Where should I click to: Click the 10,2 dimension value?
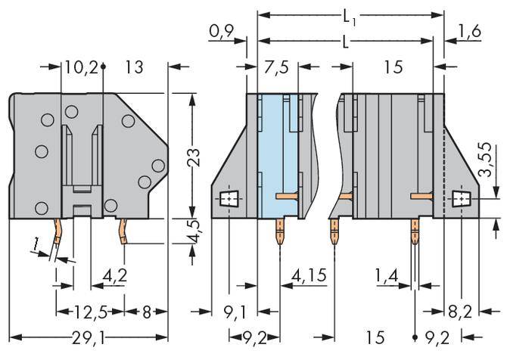81,68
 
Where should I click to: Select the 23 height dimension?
195,157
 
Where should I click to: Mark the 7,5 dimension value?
278,68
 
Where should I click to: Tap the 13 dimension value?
134,68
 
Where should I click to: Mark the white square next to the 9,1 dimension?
228,199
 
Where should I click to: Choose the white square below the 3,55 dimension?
461,199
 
